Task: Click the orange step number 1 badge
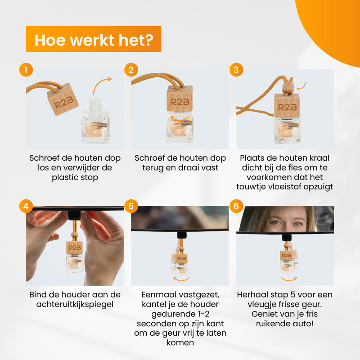pos(26,70)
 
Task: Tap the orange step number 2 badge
pos(131,70)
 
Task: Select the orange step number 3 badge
pos(236,70)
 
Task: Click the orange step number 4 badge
pos(26,206)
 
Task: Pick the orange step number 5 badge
pos(131,206)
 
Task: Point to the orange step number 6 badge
pos(236,206)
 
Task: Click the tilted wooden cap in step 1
pos(63,99)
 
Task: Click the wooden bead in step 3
pos(288,86)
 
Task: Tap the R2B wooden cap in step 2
pos(180,99)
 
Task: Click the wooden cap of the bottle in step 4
pos(74,248)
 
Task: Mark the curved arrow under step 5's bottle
pos(181,279)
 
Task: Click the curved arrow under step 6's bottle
pos(288,279)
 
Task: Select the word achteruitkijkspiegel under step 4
pos(75,305)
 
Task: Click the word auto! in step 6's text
pos(302,324)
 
